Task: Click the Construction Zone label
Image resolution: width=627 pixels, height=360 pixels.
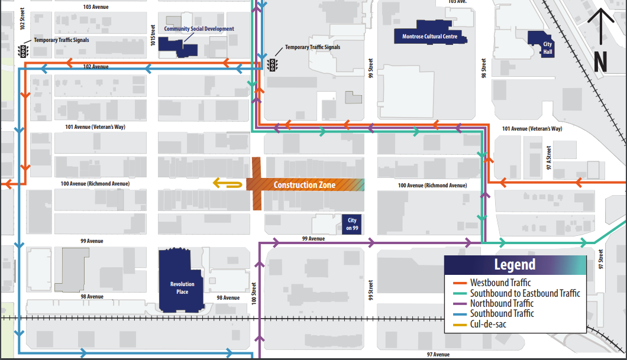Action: pos(304,185)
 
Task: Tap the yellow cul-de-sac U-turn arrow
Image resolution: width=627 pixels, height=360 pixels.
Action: pos(228,184)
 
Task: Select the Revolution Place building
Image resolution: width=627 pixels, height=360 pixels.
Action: pos(182,281)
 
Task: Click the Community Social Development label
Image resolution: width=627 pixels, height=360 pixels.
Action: pos(199,29)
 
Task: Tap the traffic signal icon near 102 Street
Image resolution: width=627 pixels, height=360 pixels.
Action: pos(24,51)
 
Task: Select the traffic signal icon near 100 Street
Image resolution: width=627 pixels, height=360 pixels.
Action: pos(273,64)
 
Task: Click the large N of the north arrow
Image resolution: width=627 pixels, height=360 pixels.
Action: pos(600,61)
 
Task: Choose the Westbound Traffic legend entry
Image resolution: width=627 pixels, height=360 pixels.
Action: pos(500,283)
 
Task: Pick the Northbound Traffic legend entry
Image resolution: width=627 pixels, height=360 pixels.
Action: pos(502,303)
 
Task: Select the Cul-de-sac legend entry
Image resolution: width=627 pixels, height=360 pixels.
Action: pos(489,324)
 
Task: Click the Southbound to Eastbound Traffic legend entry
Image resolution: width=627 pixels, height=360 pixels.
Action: pos(524,293)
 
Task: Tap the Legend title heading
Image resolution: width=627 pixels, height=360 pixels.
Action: pos(515,265)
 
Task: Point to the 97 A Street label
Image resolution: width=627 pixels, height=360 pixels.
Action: pos(549,157)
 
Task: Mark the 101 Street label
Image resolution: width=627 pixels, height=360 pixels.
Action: pos(153,35)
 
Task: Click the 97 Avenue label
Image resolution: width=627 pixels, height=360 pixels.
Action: pos(438,354)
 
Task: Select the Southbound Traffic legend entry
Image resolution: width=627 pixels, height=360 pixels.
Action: pos(502,313)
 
